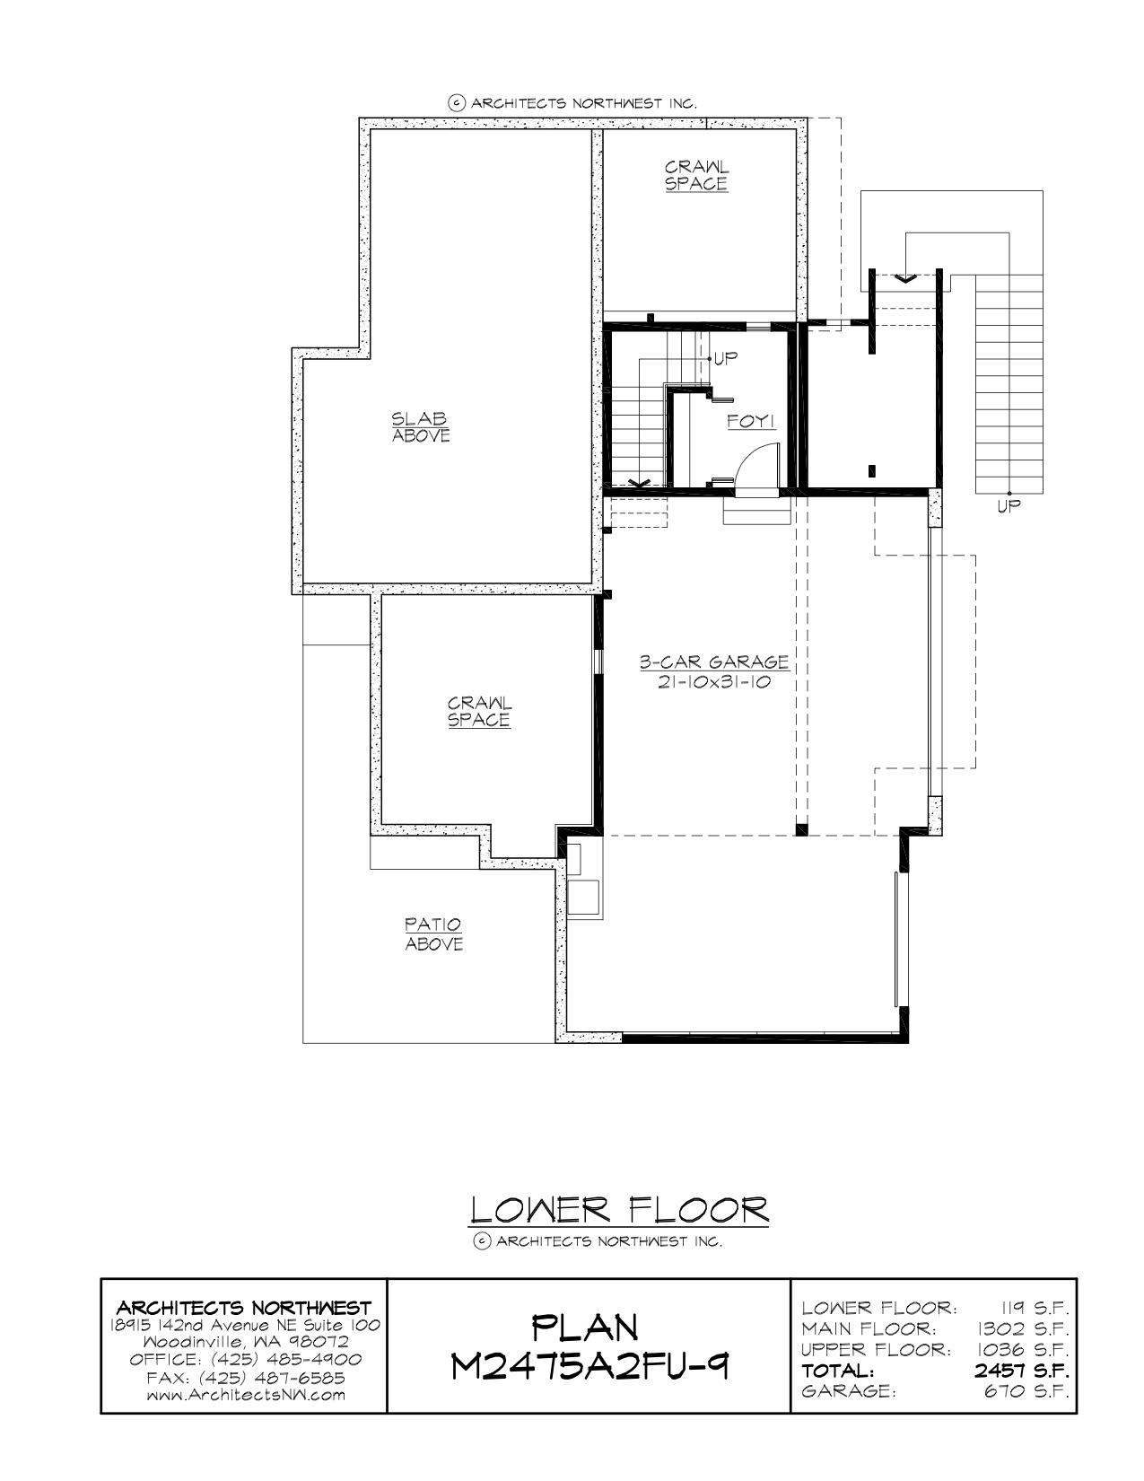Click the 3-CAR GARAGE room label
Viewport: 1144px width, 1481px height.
714,662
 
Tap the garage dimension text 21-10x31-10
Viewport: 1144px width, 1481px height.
714,681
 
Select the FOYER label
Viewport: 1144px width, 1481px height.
751,421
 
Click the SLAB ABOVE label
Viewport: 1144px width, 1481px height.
421,427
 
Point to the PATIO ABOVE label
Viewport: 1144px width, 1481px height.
434,933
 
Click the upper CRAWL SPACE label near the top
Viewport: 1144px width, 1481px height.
696,175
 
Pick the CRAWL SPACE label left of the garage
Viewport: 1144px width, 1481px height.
479,712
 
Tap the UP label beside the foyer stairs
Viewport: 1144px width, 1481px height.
725,358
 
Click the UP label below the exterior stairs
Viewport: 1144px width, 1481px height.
1009,506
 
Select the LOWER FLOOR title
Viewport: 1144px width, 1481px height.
619,1210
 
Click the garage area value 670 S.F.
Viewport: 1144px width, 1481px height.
1026,1390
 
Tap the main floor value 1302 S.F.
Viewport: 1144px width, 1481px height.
1023,1328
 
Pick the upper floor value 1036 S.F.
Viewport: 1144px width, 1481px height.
1023,1349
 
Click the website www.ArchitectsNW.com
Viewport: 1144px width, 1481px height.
246,1395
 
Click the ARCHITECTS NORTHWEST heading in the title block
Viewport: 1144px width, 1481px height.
244,1308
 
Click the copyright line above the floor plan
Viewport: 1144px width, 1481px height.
572,103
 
